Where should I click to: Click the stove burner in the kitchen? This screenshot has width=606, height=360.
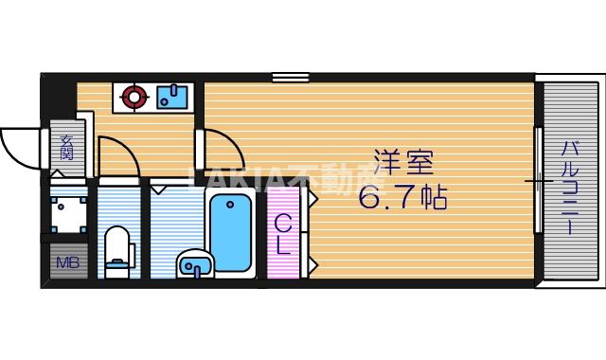point(133,96)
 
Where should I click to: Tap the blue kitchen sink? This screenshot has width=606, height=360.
point(173,96)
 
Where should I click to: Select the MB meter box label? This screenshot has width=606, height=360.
point(66,262)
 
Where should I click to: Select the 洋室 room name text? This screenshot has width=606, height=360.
point(397,163)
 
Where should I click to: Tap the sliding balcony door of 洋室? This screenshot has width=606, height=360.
point(538,180)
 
